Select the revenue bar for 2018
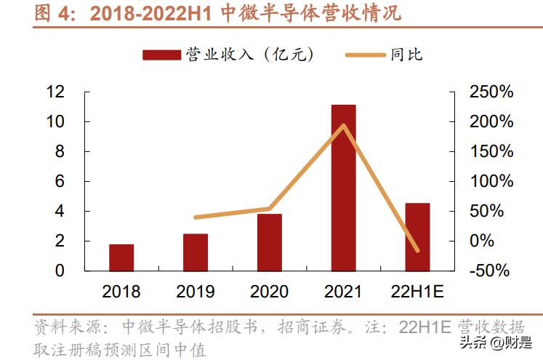pyautogui.click(x=121, y=257)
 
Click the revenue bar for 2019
pyautogui.click(x=196, y=252)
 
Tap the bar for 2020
pyautogui.click(x=270, y=242)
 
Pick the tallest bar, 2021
pyautogui.click(x=344, y=188)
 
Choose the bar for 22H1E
pyautogui.click(x=417, y=237)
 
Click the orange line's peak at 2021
pyautogui.click(x=344, y=125)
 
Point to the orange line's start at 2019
pyautogui.click(x=196, y=217)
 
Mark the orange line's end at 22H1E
pyautogui.click(x=417, y=251)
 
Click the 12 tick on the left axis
pyautogui.click(x=55, y=92)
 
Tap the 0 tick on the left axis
pyautogui.click(x=60, y=271)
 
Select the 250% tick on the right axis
pyautogui.click(x=492, y=92)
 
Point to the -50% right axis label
pyautogui.click(x=492, y=271)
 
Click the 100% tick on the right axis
pyautogui.click(x=492, y=181)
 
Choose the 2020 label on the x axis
pyautogui.click(x=270, y=292)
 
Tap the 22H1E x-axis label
pyautogui.click(x=417, y=292)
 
